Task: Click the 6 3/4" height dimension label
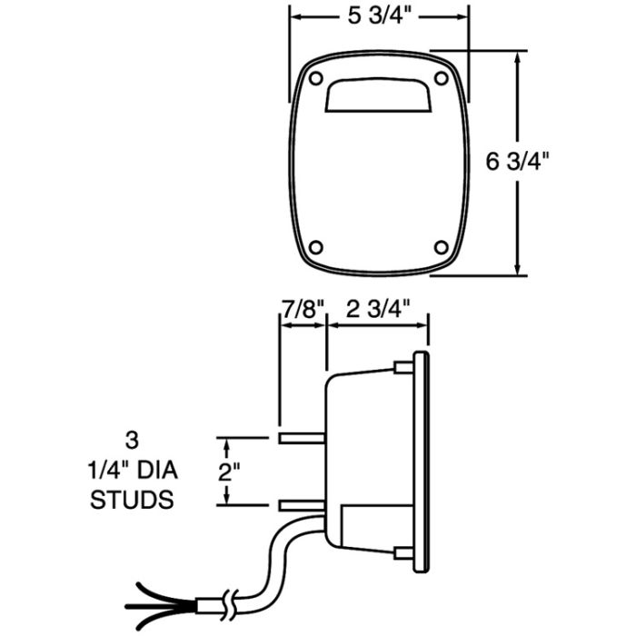(x=517, y=162)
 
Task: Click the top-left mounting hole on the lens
(x=315, y=78)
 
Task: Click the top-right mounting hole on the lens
(x=442, y=78)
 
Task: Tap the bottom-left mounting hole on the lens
(x=315, y=247)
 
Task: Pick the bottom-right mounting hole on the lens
(x=442, y=247)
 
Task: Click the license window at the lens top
(x=378, y=94)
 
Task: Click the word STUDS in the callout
(x=132, y=499)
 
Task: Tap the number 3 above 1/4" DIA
(x=133, y=441)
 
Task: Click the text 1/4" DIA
(x=133, y=470)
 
